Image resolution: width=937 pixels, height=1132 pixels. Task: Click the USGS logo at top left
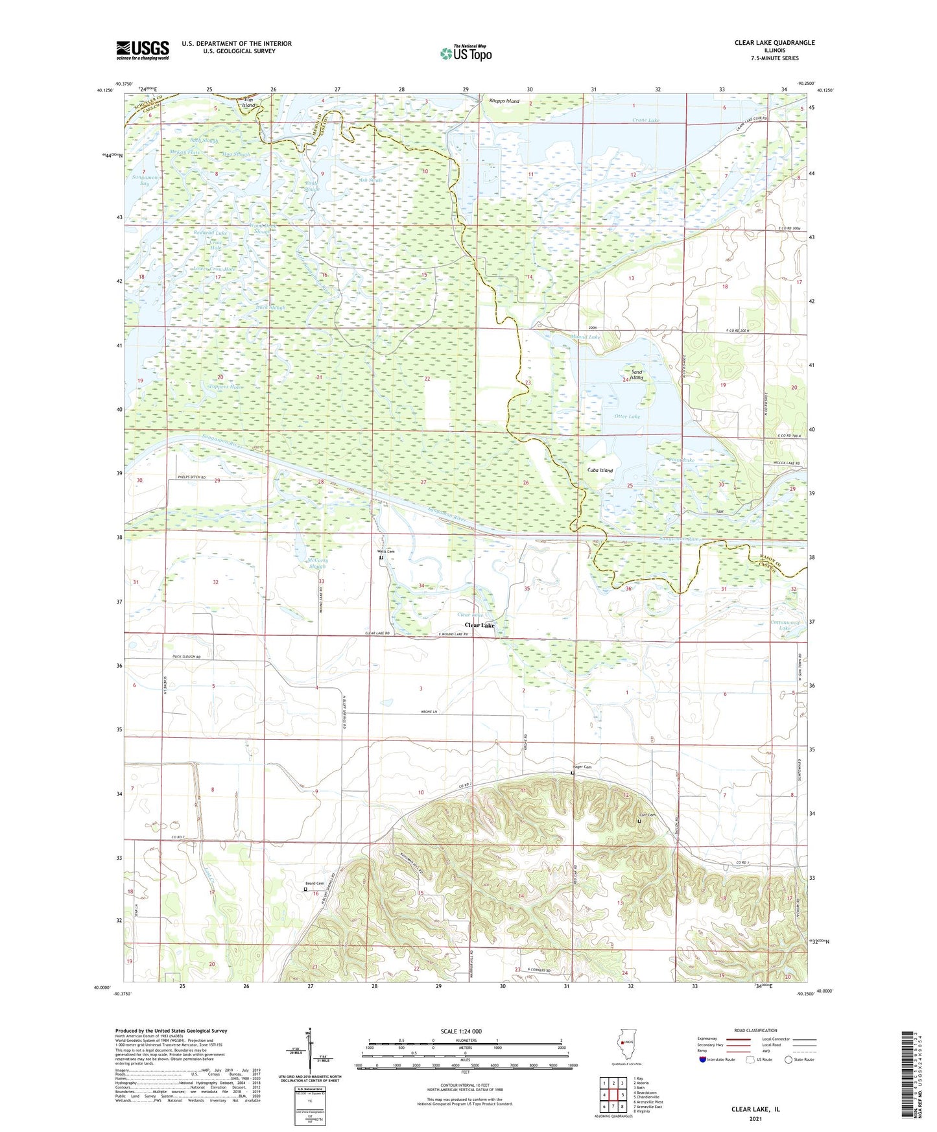tap(142, 49)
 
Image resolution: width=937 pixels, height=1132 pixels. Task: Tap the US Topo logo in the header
tap(465, 54)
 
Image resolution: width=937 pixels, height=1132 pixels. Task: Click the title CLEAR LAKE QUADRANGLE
tap(774, 43)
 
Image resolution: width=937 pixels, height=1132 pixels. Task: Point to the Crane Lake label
tap(645, 120)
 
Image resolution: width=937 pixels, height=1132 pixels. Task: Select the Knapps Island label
tap(504, 101)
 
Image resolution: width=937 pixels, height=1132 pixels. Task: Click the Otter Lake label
tap(626, 416)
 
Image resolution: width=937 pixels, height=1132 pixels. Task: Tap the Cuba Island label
tap(600, 470)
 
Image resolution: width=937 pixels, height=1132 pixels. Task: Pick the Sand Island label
tap(637, 375)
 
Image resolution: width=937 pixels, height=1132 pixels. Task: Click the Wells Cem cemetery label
tap(386, 551)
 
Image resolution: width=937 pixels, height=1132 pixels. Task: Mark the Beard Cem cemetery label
tap(314, 884)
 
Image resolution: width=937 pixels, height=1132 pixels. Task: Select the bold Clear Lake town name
tap(479, 625)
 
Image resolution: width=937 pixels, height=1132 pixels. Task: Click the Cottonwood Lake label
tap(785, 625)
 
